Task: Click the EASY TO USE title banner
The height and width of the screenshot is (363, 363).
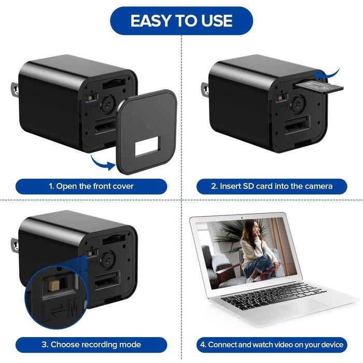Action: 181,21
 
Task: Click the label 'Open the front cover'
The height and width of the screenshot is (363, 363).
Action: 91,186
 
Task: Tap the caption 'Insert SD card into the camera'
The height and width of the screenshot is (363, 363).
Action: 272,186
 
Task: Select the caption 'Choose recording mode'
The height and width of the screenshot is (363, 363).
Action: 91,344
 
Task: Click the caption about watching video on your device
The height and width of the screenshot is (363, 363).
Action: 272,344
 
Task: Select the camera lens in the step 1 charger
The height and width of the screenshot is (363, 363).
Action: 106,103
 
